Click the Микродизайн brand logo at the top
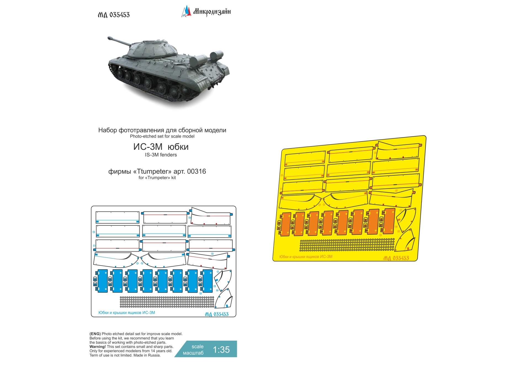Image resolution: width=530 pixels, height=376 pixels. (206, 12)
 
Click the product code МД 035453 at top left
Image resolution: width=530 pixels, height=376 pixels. (113, 15)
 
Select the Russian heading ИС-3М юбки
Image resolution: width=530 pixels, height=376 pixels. (161, 147)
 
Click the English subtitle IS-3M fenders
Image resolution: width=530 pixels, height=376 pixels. (161, 155)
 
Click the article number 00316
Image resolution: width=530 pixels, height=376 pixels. (197, 172)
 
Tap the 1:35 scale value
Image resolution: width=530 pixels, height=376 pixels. (221, 350)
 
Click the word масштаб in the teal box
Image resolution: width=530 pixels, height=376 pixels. (193, 353)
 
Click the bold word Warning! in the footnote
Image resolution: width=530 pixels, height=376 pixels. (97, 347)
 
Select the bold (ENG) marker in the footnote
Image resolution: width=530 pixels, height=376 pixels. (95, 334)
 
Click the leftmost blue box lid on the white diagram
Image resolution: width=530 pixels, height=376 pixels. (102, 281)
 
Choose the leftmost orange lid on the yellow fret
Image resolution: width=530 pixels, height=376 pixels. (286, 224)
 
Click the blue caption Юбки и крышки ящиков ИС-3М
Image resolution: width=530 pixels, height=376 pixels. (127, 313)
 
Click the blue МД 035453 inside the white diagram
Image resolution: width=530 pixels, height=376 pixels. (217, 314)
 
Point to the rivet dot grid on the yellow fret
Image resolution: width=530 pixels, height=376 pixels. (347, 245)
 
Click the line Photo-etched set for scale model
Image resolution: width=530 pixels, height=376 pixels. (162, 136)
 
